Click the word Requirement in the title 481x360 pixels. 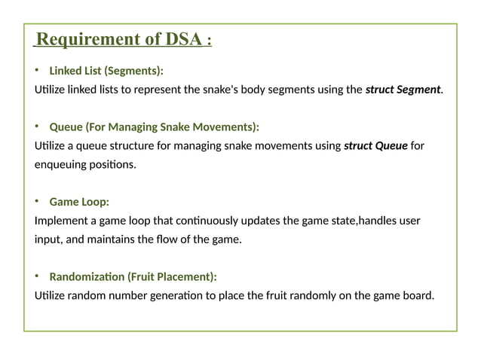(x=92, y=39)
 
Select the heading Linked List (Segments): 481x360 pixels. (x=106, y=72)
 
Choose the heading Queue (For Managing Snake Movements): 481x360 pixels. (x=154, y=127)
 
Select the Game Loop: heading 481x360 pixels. (x=79, y=202)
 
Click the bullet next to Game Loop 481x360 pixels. (x=36, y=202)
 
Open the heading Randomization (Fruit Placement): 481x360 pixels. (x=133, y=276)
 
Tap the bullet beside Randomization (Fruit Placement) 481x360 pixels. (x=36, y=276)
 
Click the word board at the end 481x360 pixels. (x=418, y=295)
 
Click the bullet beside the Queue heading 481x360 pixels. (x=36, y=127)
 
